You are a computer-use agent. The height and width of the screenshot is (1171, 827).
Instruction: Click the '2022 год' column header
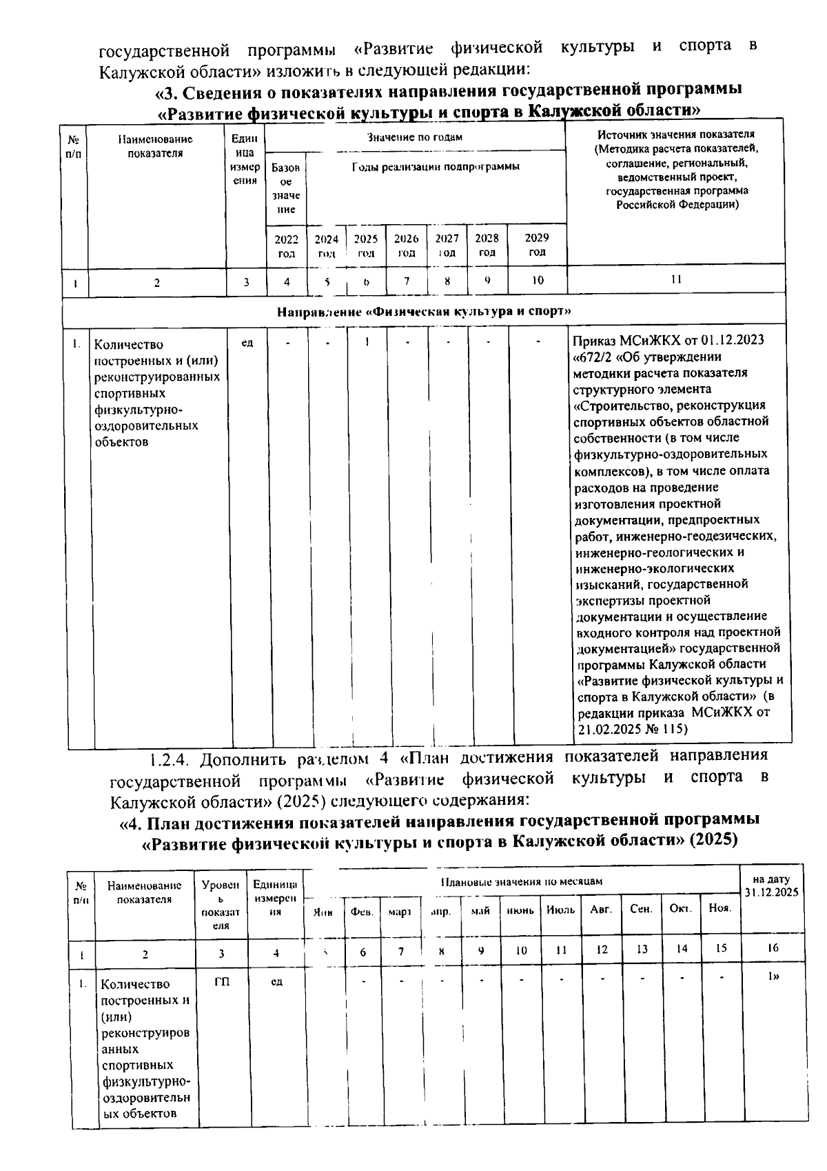click(286, 246)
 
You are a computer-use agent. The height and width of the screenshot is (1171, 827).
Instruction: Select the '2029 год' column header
click(537, 245)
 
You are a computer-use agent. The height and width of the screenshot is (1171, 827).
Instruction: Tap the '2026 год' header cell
click(407, 246)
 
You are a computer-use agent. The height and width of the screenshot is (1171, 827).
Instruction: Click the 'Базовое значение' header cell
click(286, 188)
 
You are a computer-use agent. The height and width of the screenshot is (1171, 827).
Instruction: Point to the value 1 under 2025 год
click(367, 341)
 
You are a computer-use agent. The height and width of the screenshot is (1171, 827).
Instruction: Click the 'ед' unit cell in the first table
click(247, 342)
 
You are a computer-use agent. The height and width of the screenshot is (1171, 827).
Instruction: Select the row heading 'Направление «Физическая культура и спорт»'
click(424, 311)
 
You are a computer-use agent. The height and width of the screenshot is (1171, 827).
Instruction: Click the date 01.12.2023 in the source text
click(733, 341)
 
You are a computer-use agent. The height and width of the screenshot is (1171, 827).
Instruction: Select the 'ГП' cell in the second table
click(221, 982)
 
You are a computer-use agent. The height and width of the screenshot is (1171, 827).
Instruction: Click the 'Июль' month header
click(560, 910)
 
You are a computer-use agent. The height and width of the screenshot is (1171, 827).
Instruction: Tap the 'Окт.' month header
click(681, 909)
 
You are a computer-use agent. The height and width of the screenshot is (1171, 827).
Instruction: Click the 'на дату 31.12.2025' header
click(771, 886)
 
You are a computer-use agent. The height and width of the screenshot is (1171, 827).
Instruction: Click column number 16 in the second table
click(772, 948)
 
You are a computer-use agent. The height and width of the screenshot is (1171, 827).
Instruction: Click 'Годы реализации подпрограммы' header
click(436, 166)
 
